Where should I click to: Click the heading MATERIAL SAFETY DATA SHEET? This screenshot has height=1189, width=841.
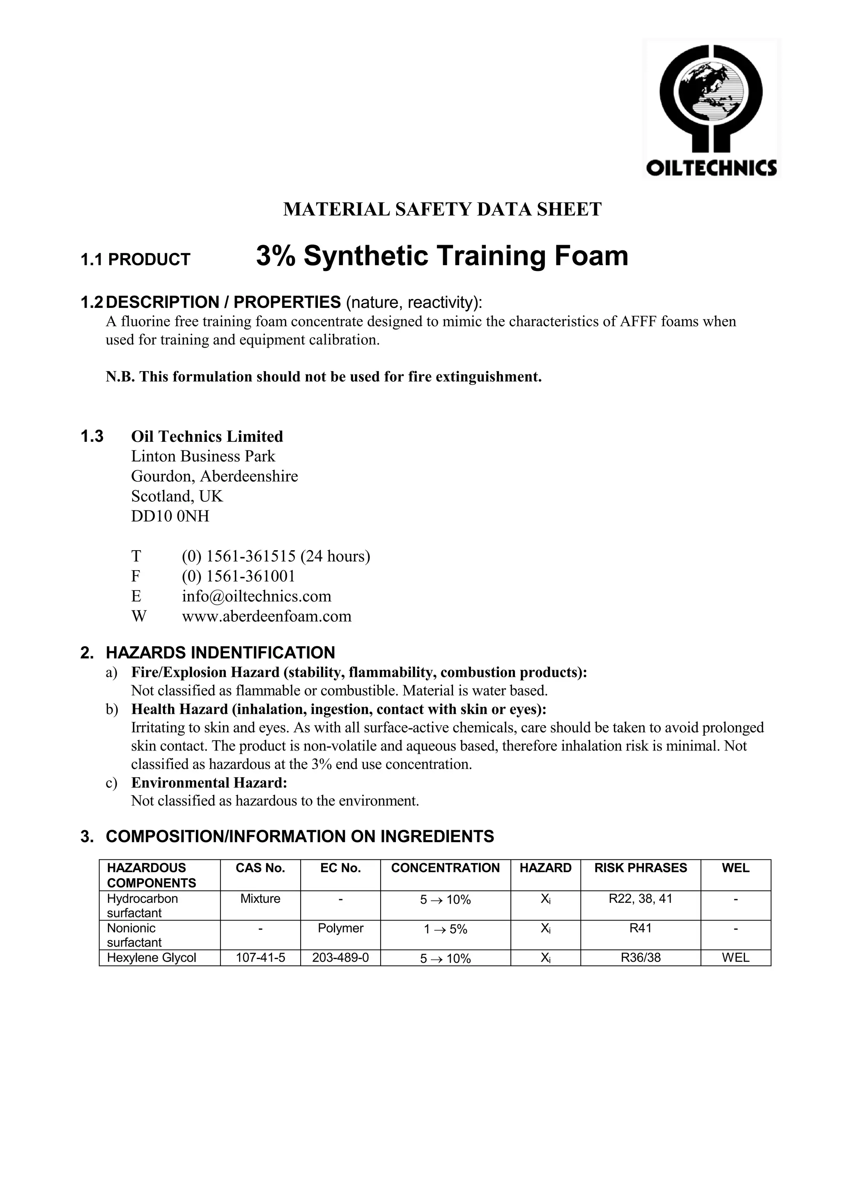tap(442, 210)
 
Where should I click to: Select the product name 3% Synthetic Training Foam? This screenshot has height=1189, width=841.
tap(442, 256)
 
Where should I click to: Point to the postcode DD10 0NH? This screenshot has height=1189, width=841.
tap(170, 516)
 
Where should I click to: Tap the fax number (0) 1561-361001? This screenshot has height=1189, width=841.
tap(238, 576)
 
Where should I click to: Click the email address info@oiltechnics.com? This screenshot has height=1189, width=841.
tap(256, 596)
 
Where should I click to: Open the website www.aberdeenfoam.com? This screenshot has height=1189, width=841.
tap(266, 616)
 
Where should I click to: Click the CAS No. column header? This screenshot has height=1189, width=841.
tap(260, 868)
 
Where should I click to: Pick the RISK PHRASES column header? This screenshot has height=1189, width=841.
tap(640, 868)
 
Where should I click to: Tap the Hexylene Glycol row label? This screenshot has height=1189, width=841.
tap(151, 957)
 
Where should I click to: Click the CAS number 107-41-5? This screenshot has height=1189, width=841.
tap(260, 957)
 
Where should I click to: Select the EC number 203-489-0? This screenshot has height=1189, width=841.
tap(340, 957)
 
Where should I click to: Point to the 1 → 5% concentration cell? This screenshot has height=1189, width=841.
tap(446, 930)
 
